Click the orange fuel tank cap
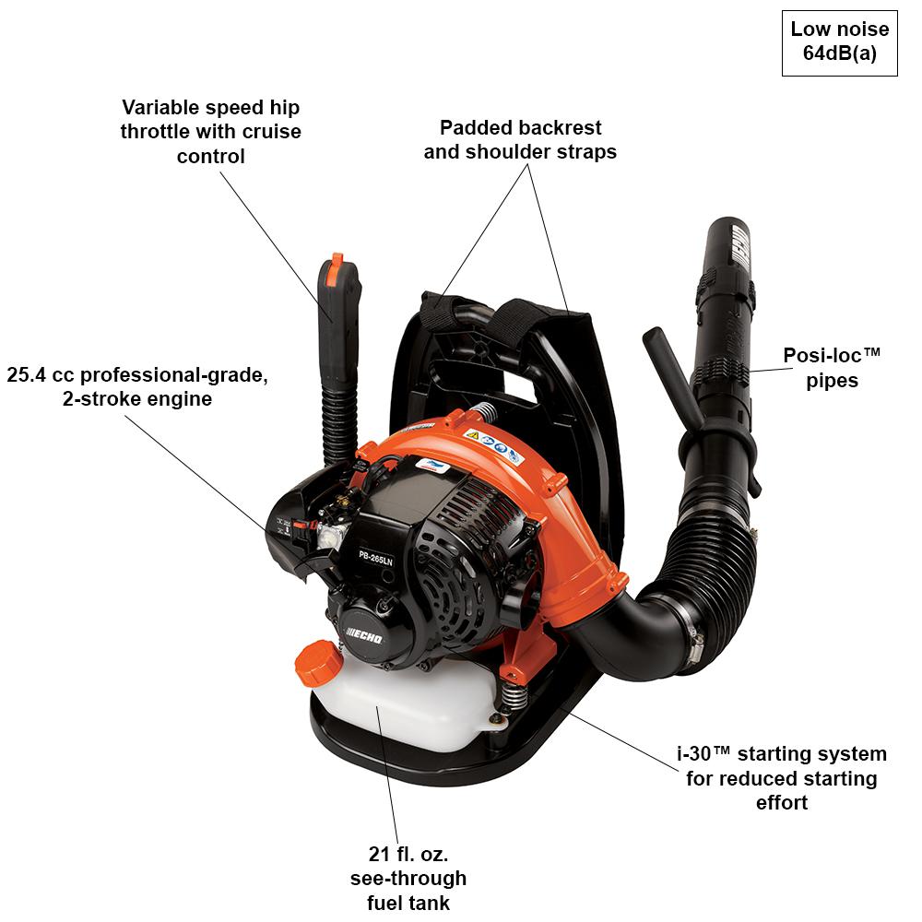click(319, 663)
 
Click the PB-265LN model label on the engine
click(375, 558)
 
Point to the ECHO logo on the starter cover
click(364, 635)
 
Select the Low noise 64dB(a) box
click(839, 43)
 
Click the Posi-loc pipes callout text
click(832, 368)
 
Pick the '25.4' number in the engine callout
click(27, 374)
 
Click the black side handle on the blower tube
click(672, 376)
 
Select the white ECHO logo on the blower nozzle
click(739, 245)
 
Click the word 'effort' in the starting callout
click(782, 803)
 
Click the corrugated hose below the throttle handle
click(340, 422)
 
